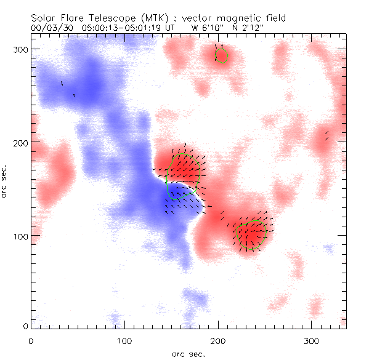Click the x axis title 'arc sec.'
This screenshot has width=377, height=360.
[188, 353]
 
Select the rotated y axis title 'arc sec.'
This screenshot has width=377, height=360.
[5, 182]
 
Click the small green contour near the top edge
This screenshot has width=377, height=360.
[221, 55]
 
